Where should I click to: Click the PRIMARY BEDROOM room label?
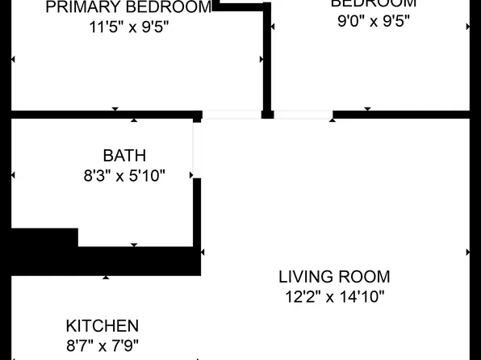pyautogui.click(x=129, y=7)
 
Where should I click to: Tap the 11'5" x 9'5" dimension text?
pyautogui.click(x=129, y=26)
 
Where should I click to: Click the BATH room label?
pyautogui.click(x=124, y=156)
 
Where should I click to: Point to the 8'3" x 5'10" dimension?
pyautogui.click(x=124, y=175)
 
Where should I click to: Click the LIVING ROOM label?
pyautogui.click(x=334, y=277)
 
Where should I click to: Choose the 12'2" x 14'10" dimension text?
pyautogui.click(x=334, y=296)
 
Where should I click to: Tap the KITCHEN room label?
pyautogui.click(x=102, y=326)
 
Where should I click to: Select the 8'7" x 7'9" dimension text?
pyautogui.click(x=102, y=345)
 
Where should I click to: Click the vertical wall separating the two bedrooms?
pyautogui.click(x=267, y=57)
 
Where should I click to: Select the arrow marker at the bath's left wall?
pyautogui.click(x=13, y=175)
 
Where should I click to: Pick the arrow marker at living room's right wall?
pyautogui.click(x=468, y=252)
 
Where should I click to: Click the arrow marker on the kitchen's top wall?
pyautogui.click(x=106, y=277)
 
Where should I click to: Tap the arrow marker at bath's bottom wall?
pyautogui.click(x=134, y=245)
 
